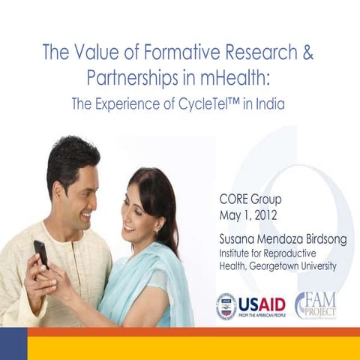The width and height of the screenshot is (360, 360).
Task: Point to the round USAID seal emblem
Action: tap(226, 307)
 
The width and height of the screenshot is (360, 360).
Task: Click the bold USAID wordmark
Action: tap(261, 304)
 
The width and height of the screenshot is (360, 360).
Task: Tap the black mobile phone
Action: tap(40, 253)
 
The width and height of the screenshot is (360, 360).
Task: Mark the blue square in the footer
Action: tap(13, 343)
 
